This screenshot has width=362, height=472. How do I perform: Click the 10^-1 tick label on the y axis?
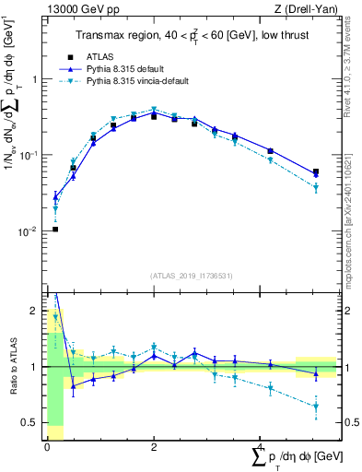(30, 156)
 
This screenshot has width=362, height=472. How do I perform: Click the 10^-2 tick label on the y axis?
(30, 231)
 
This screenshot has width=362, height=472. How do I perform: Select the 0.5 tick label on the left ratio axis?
(30, 422)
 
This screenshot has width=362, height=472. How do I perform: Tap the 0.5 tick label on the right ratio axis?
(351, 422)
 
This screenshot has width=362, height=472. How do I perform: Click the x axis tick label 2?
(153, 446)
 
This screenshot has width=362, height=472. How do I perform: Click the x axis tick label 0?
(47, 446)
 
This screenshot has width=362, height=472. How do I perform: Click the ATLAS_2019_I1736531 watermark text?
(192, 275)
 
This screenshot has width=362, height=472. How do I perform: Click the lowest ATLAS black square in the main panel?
(55, 229)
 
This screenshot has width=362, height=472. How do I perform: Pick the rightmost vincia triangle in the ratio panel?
(316, 407)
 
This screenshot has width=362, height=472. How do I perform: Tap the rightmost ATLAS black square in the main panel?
(316, 171)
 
